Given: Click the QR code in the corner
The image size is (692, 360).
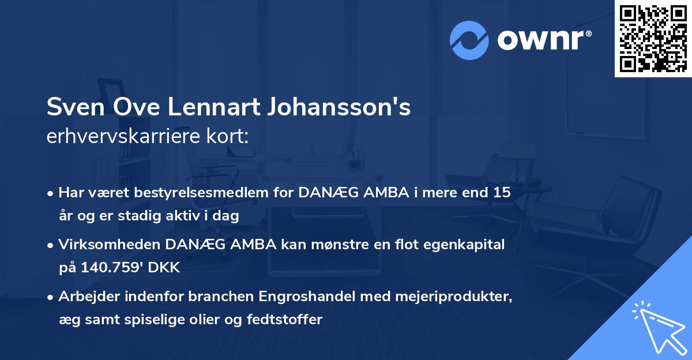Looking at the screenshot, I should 653,38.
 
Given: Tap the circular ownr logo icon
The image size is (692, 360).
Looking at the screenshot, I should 469,40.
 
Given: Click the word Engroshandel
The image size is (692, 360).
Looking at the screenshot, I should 306,298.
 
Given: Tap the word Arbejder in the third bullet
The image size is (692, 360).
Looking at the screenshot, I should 86,298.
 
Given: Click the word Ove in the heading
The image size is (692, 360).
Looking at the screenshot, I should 134,108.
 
